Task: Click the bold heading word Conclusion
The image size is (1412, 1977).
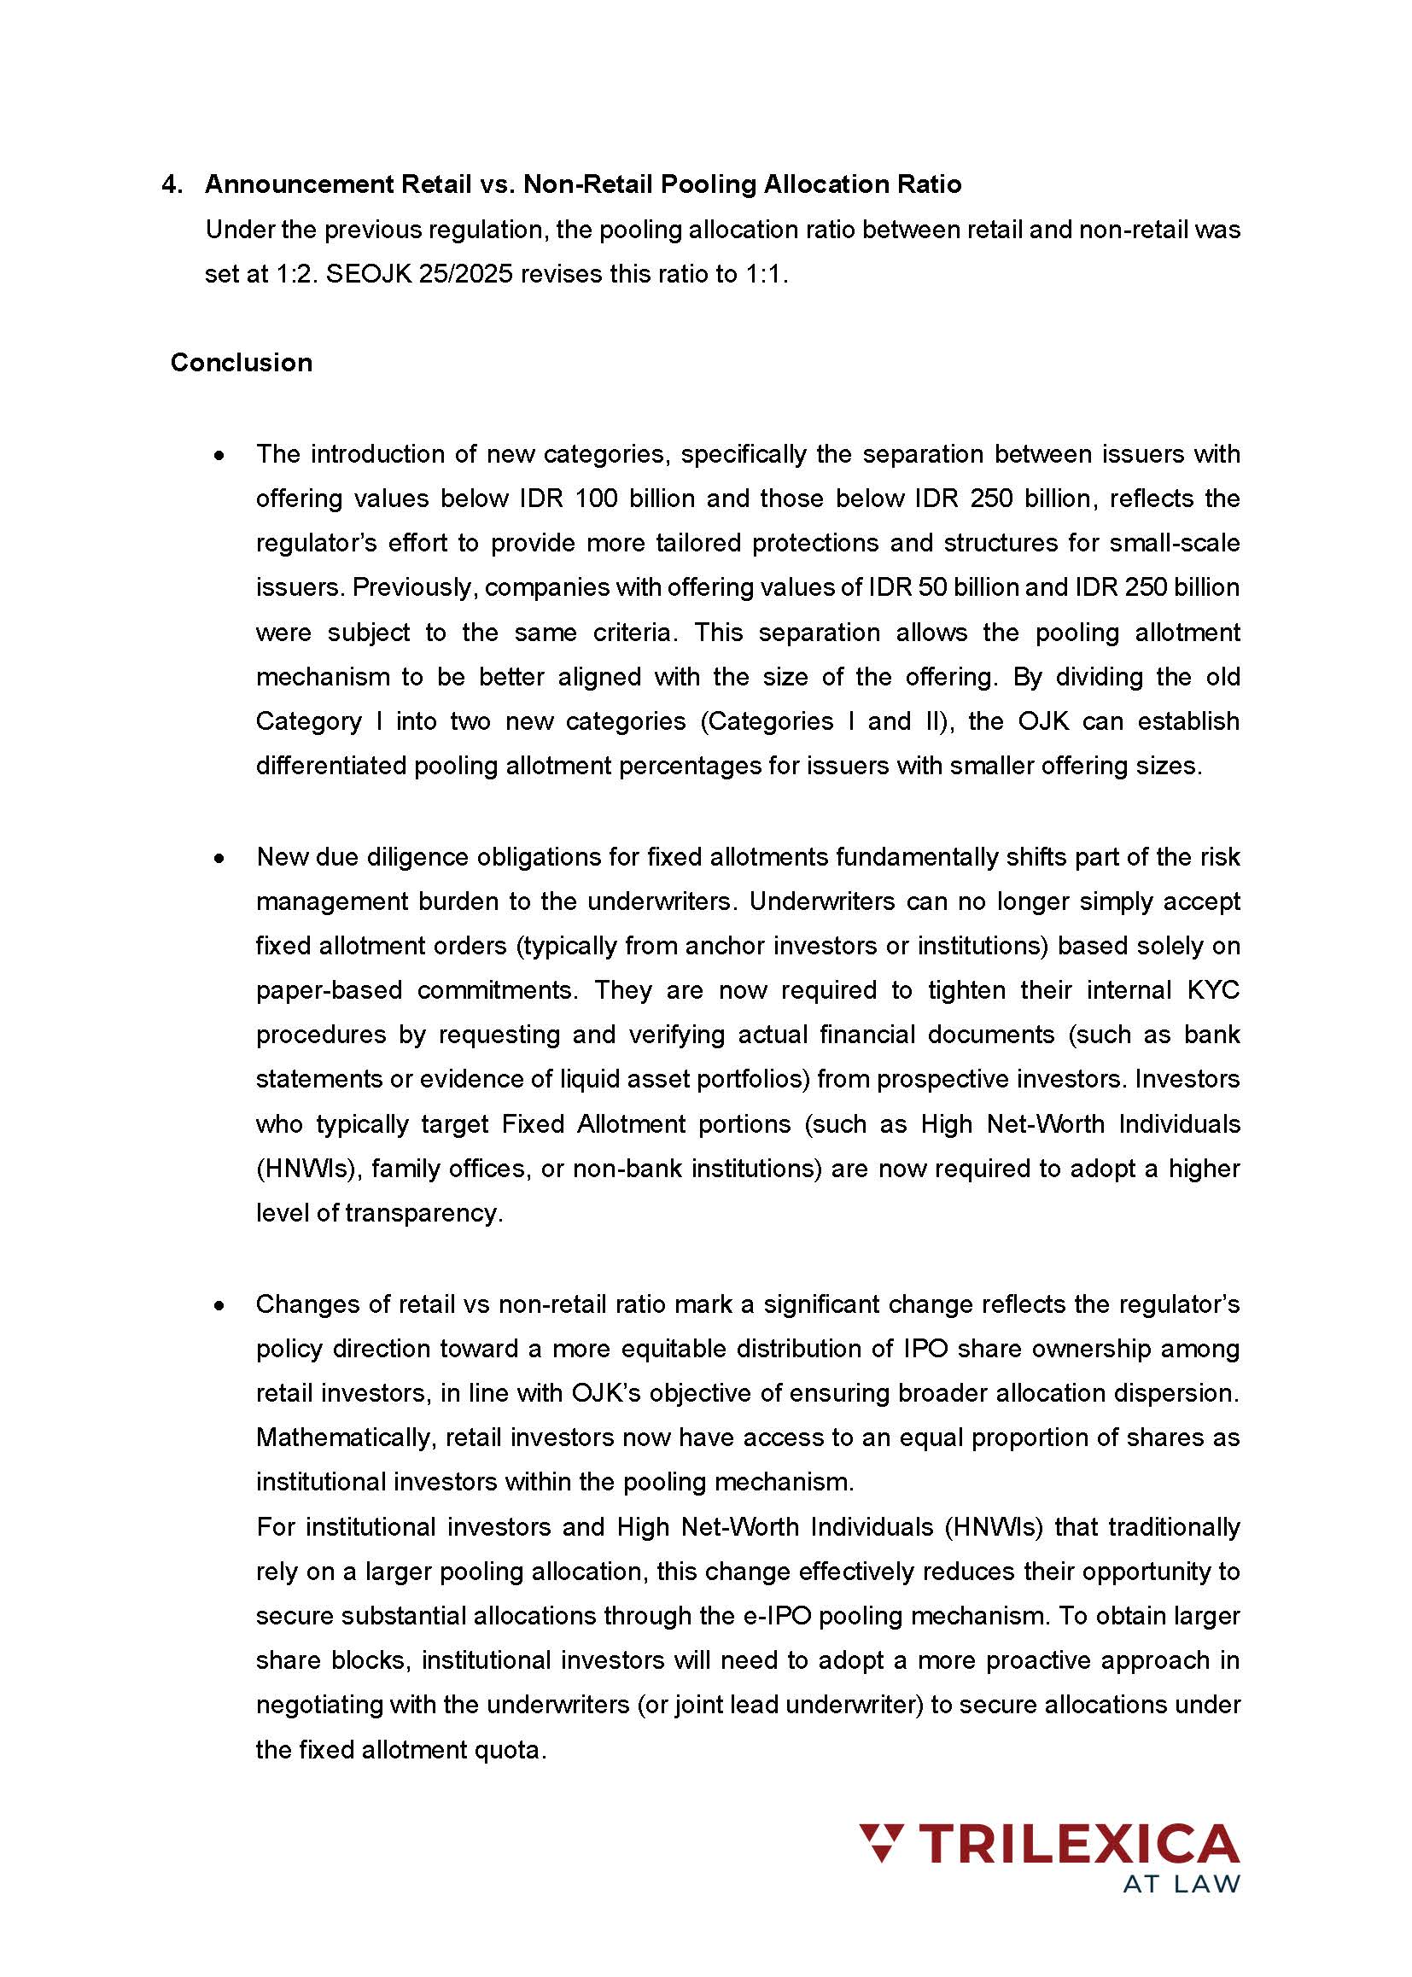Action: coord(241,363)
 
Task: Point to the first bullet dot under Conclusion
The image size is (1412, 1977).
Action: coord(221,456)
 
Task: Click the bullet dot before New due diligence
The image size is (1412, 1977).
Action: coord(221,858)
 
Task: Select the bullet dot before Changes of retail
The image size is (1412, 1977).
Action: coord(221,1305)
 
